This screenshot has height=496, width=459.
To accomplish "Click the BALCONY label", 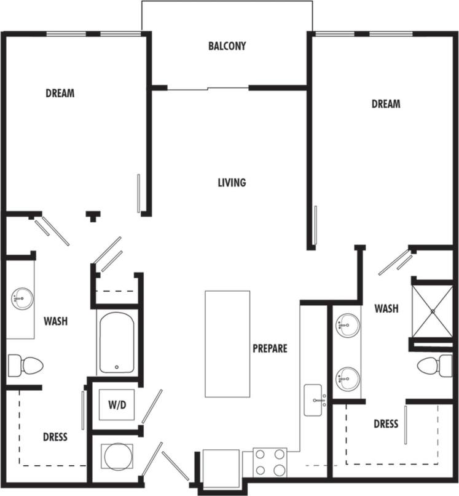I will pyautogui.click(x=227, y=46).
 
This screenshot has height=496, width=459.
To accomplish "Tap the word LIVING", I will pyautogui.click(x=232, y=182).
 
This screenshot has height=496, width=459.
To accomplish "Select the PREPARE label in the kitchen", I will pyautogui.click(x=270, y=348).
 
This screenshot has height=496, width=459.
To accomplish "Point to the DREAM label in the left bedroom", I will pyautogui.click(x=60, y=94).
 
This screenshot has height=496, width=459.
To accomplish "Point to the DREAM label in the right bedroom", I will pyautogui.click(x=385, y=104).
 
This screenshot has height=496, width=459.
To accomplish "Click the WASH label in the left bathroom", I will pyautogui.click(x=55, y=321).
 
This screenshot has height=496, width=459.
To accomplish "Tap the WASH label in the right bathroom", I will pyautogui.click(x=386, y=308).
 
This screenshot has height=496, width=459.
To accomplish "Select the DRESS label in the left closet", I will pyautogui.click(x=55, y=437).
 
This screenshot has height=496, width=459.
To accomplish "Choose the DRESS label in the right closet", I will pyautogui.click(x=386, y=423).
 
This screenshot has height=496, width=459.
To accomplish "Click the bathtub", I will pyautogui.click(x=116, y=343).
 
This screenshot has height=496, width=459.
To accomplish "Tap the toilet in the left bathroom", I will pyautogui.click(x=25, y=365).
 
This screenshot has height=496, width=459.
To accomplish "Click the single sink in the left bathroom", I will pyautogui.click(x=21, y=299).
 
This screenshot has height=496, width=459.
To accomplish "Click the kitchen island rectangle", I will pyautogui.click(x=227, y=343).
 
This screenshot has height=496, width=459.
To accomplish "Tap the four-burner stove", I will pyautogui.click(x=270, y=462).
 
